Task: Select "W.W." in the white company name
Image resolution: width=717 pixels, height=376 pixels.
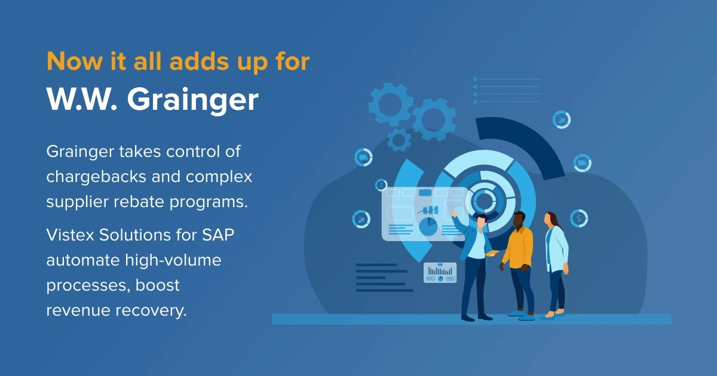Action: [82, 99]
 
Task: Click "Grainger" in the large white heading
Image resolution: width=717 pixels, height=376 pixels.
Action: [192, 100]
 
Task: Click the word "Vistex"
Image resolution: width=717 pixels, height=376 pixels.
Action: [70, 235]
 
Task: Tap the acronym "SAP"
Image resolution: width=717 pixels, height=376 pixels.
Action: [218, 235]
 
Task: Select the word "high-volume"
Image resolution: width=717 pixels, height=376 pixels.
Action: [173, 260]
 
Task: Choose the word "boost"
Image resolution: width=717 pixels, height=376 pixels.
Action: [157, 285]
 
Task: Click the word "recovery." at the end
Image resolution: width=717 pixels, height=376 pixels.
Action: [151, 311]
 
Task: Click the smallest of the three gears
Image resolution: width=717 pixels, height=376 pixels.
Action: [399, 140]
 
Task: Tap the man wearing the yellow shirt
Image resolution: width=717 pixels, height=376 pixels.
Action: [517, 266]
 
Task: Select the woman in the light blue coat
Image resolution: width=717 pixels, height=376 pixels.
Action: [556, 266]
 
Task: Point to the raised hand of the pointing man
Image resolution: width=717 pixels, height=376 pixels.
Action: [454, 214]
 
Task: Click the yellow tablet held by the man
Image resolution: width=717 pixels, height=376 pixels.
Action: [492, 253]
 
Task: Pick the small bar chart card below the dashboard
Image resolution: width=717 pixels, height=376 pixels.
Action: [440, 273]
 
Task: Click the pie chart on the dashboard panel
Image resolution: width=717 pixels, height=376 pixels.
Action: [428, 226]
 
